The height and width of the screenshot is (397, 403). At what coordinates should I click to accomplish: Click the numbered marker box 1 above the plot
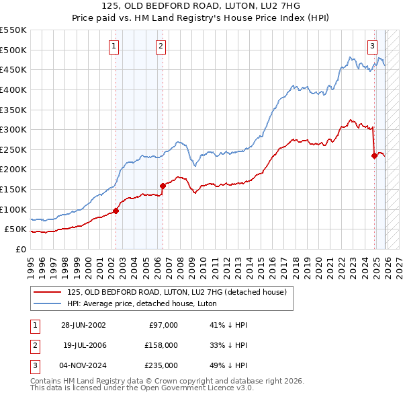114,46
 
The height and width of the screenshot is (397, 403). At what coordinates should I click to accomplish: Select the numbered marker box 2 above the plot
161,46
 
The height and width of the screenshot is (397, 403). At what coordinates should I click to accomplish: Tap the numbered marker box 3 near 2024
372,46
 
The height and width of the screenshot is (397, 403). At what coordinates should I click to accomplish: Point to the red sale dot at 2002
116,211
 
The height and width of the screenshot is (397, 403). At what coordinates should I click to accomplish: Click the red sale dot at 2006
163,186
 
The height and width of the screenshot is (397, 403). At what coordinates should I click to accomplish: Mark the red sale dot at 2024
374,155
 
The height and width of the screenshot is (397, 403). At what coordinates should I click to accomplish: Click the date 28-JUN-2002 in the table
83,325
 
